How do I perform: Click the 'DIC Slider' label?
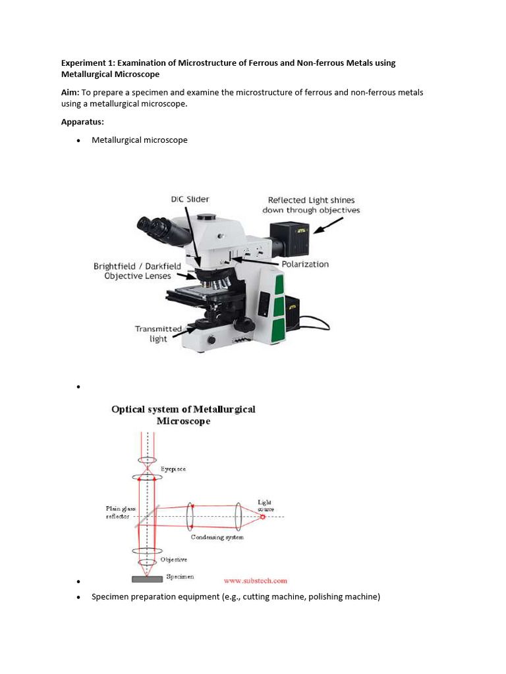(190, 199)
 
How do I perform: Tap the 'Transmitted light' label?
(158, 334)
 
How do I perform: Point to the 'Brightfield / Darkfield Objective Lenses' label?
(137, 271)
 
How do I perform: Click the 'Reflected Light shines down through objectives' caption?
(311, 205)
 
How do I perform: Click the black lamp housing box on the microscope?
(290, 240)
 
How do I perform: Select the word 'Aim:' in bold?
(70, 92)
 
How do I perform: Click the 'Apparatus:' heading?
(83, 122)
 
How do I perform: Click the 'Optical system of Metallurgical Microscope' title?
(183, 415)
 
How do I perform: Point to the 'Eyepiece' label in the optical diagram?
(173, 469)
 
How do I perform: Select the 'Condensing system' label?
(217, 537)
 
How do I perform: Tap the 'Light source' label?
(266, 505)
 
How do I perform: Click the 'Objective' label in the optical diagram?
(174, 559)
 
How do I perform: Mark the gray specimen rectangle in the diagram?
(147, 579)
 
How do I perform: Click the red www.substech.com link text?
(256, 581)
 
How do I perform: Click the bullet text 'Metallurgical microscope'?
(140, 140)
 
